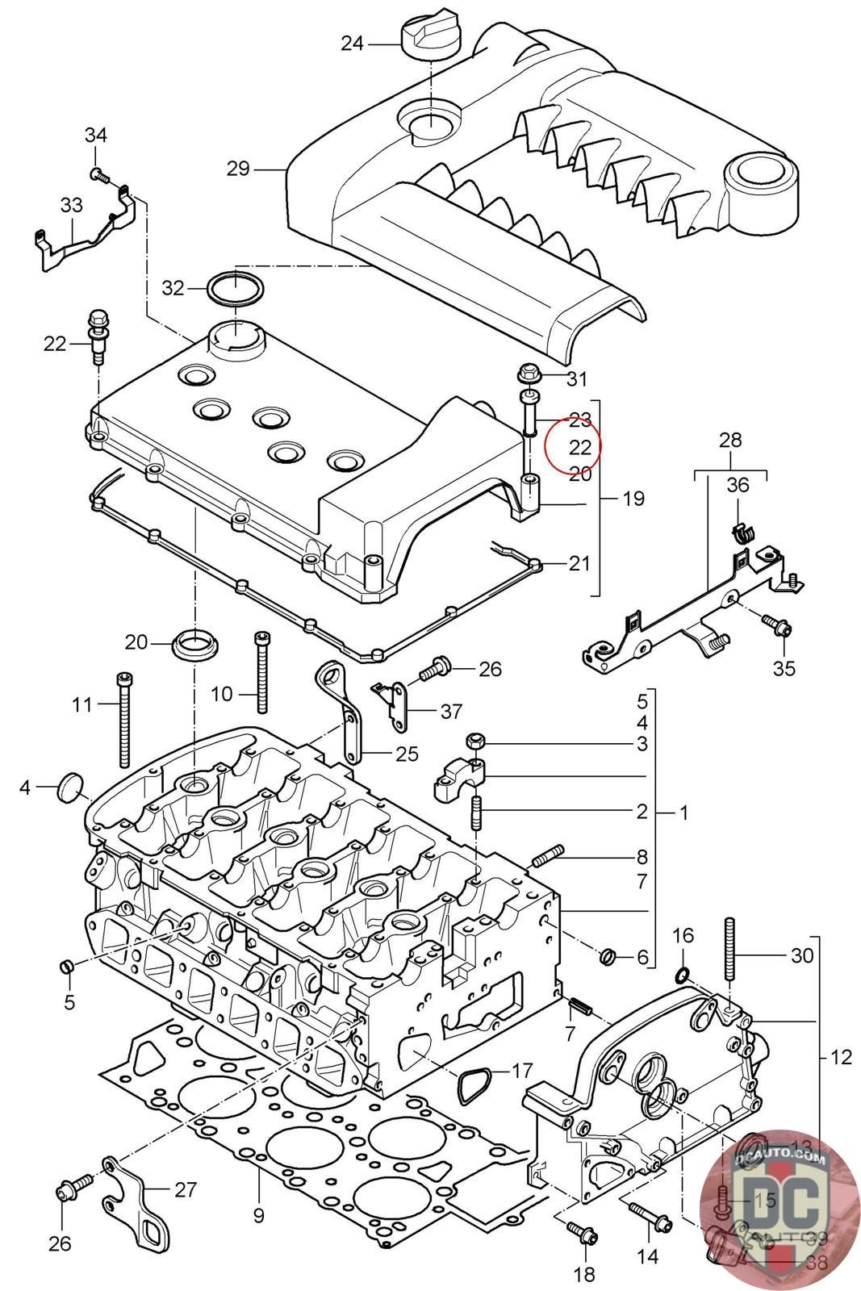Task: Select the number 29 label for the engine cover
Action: click(x=238, y=169)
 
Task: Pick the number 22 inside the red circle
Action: click(x=580, y=446)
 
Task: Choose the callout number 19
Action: click(x=633, y=499)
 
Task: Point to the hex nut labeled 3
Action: click(x=475, y=741)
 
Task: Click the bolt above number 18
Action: click(x=581, y=1230)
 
